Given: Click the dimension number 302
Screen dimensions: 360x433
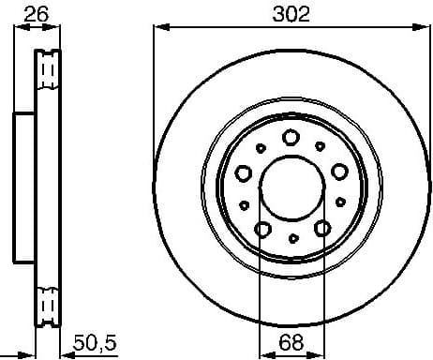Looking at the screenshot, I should point(291,13).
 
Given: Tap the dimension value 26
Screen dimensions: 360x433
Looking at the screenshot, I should point(38,13).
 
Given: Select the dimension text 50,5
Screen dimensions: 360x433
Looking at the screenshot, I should point(96,344).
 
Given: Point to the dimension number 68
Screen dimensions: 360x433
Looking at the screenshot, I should point(291,344).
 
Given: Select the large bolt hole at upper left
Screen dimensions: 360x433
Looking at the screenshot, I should point(244,172).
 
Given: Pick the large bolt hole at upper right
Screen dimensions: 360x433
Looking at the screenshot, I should point(338,170).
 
